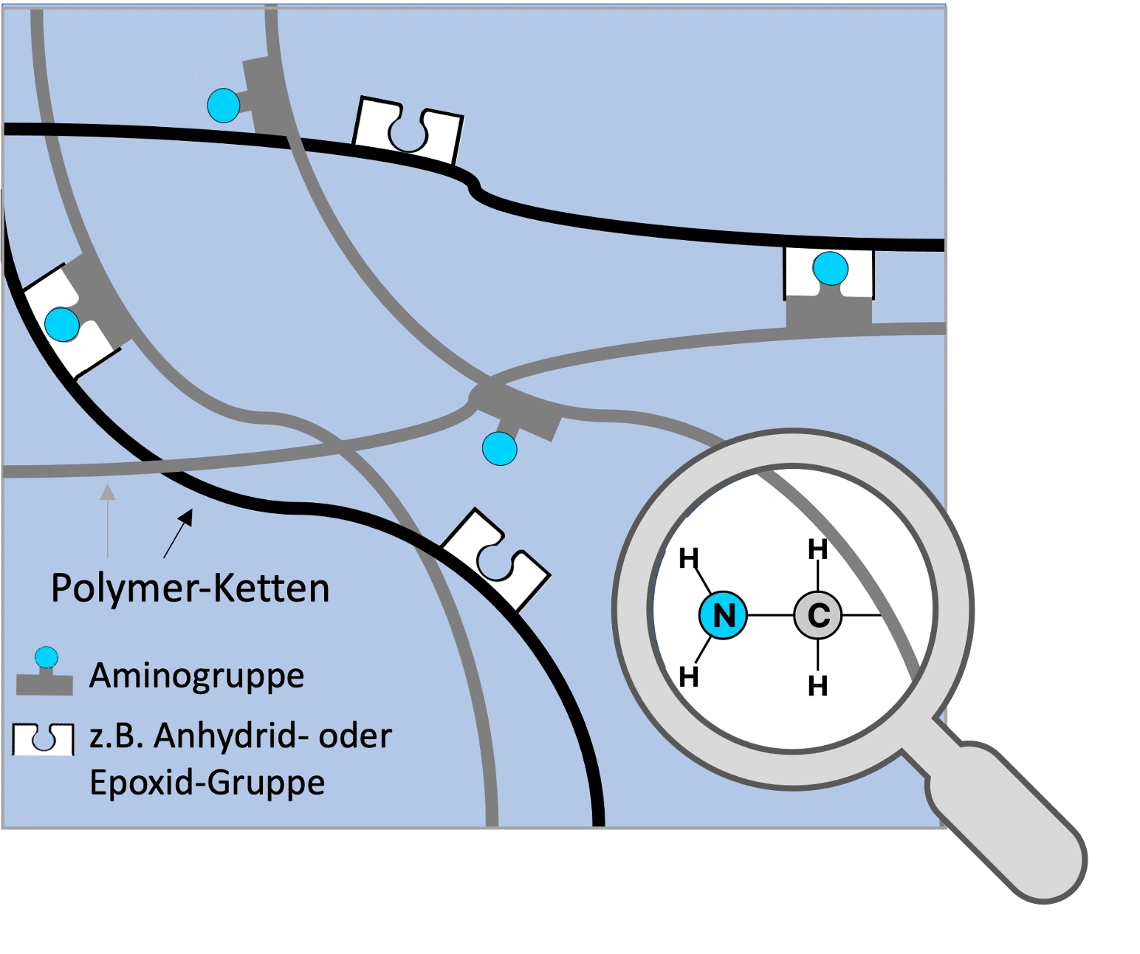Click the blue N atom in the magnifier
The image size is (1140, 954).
(724, 615)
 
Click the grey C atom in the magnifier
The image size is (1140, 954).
(818, 615)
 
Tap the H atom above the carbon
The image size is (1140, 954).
(817, 550)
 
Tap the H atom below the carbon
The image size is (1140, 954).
(817, 686)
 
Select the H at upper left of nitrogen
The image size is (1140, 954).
(688, 559)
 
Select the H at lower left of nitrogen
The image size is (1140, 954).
(688, 676)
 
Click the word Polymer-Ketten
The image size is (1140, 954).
(190, 588)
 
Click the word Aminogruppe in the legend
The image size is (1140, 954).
(196, 676)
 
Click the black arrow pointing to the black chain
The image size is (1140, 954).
(178, 532)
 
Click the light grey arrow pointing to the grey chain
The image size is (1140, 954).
(108, 520)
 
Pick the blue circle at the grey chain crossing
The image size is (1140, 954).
(499, 449)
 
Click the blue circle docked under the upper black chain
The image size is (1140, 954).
(831, 269)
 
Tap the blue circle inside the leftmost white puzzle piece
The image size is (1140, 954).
(62, 324)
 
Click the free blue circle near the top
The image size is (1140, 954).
(224, 105)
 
